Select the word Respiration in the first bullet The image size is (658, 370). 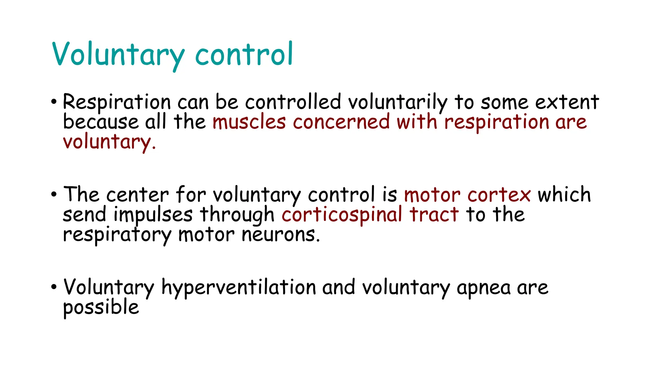(x=117, y=103)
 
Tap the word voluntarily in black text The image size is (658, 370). (x=398, y=103)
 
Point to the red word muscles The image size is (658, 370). (x=249, y=122)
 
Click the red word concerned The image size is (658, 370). (x=341, y=122)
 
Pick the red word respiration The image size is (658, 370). (x=497, y=123)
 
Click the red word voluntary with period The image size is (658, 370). (x=109, y=142)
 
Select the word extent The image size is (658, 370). (x=567, y=103)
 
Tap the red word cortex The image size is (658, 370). (x=499, y=195)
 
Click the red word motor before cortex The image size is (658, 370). (x=432, y=195)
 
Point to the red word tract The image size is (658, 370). (x=434, y=215)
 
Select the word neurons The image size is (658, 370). (x=281, y=235)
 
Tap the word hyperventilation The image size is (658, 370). (x=239, y=287)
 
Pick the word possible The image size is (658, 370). (x=101, y=307)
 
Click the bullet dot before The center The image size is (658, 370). (x=54, y=194)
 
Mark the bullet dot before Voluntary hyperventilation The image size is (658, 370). (x=54, y=286)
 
